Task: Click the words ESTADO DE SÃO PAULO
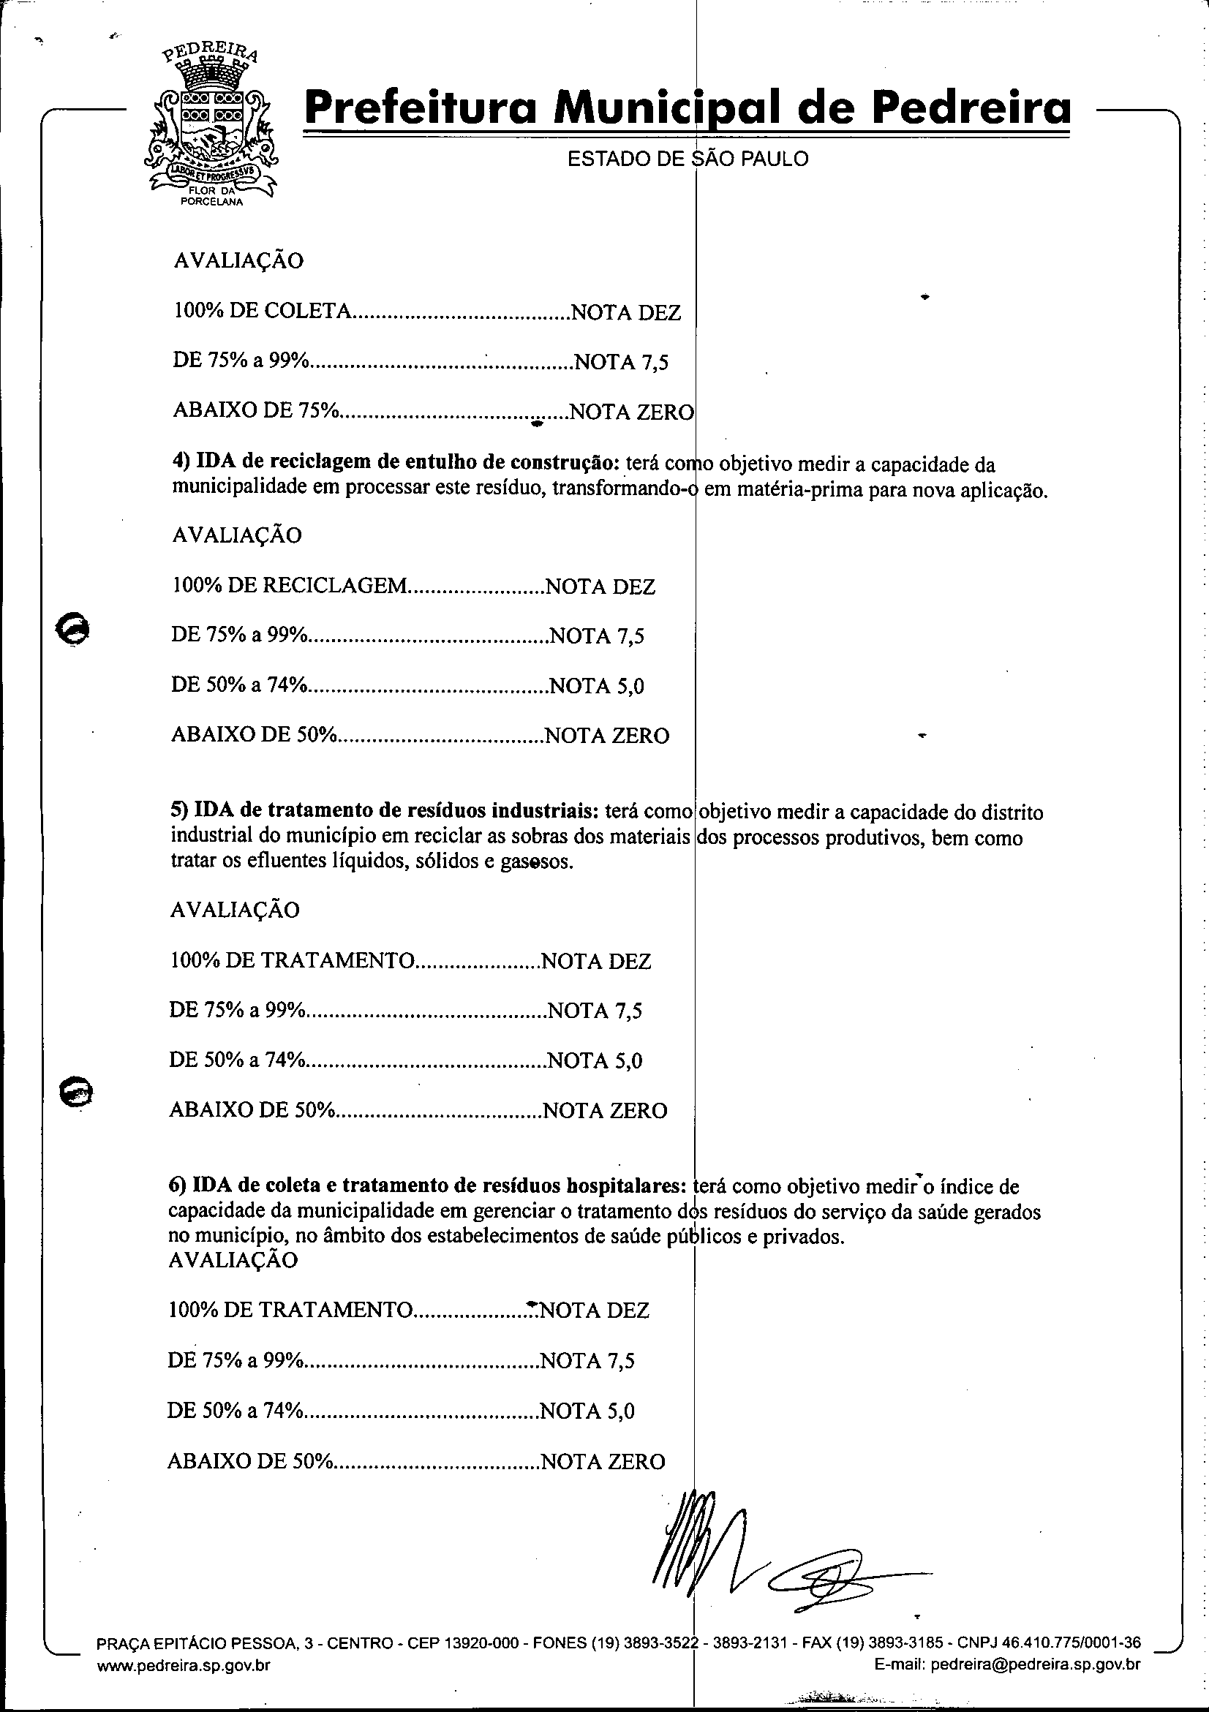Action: (x=688, y=159)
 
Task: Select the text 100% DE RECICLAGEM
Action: (x=290, y=586)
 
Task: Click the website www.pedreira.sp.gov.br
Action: (x=184, y=1685)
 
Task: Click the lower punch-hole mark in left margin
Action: (x=75, y=1094)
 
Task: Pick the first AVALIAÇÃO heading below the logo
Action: (x=238, y=261)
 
